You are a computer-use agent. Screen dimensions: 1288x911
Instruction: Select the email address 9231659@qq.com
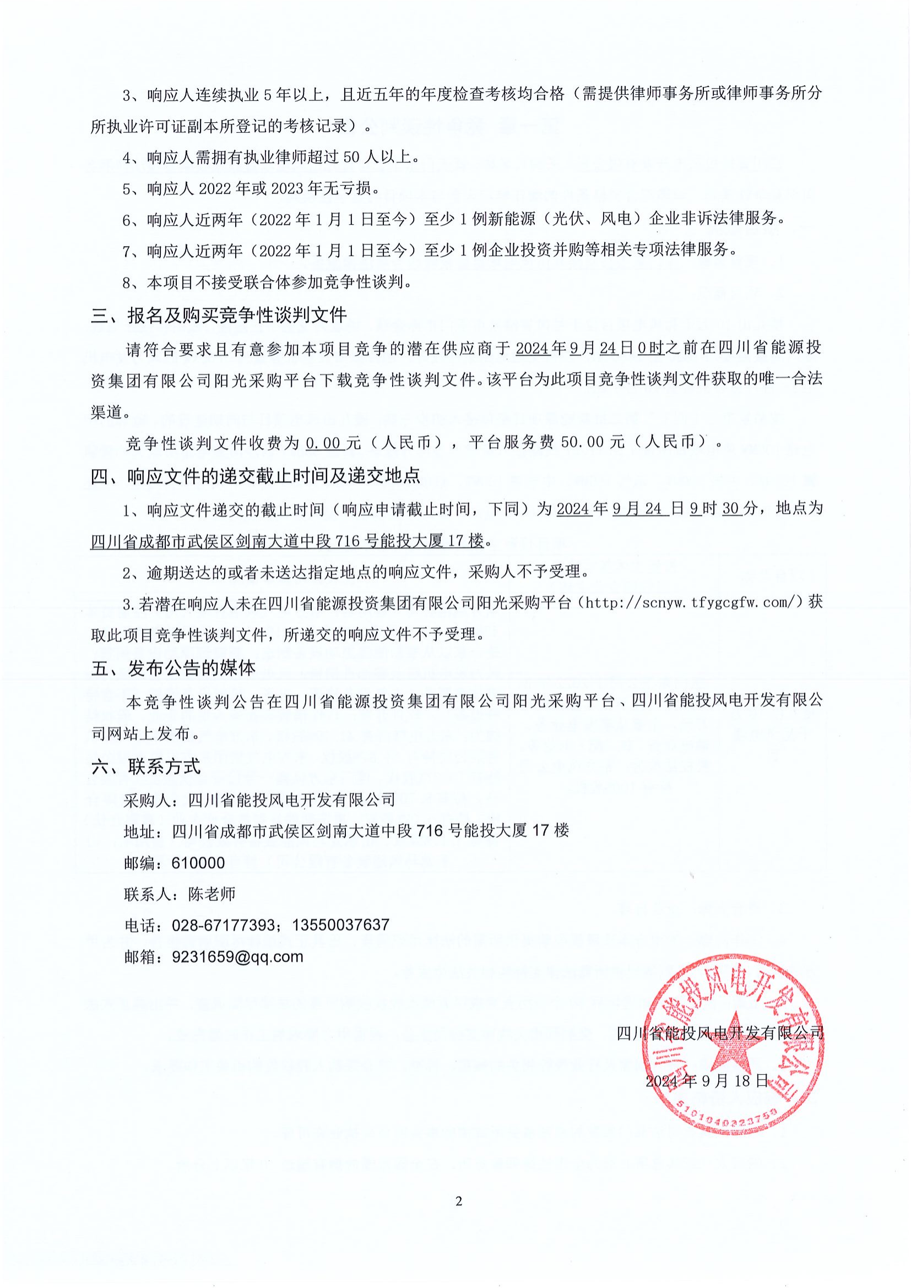(x=238, y=957)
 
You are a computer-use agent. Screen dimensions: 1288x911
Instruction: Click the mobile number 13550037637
(x=341, y=925)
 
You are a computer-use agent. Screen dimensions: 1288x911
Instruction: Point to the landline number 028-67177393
(x=224, y=925)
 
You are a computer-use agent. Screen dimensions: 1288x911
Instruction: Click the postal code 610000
(x=198, y=862)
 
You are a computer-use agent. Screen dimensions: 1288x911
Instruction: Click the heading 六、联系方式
(x=146, y=766)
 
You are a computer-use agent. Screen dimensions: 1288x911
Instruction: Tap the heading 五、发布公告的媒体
(x=173, y=667)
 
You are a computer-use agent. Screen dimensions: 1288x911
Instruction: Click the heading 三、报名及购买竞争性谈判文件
(x=219, y=316)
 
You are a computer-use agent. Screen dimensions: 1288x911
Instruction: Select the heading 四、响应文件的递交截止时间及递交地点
(x=255, y=476)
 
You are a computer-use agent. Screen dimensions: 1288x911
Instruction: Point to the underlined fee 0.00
(x=324, y=443)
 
